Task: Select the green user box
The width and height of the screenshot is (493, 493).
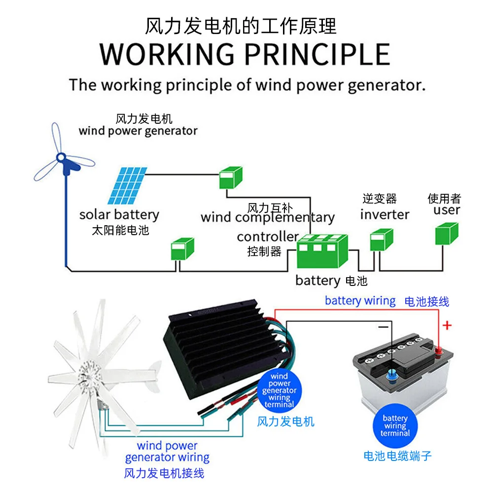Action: coord(446,234)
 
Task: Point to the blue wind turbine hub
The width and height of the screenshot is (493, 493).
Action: coord(62,158)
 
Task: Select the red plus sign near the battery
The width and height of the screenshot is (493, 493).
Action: coord(447,325)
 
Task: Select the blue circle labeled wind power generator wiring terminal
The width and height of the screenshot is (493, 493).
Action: coord(279,390)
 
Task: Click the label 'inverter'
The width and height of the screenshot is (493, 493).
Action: coord(385,214)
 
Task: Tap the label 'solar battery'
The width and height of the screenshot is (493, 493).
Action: coord(119,215)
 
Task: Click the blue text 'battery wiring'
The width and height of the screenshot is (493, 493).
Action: coord(360,301)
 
